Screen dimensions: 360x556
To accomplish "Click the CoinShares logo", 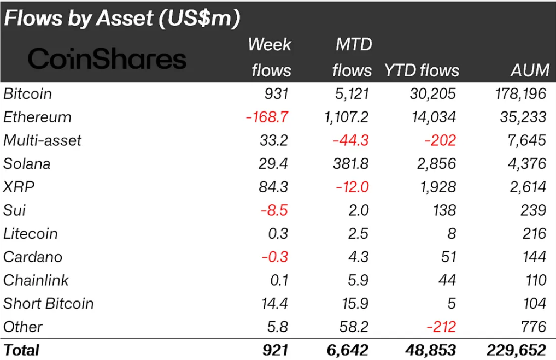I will [107, 59].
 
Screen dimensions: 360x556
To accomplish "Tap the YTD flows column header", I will [422, 70].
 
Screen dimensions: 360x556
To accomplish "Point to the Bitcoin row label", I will [28, 94].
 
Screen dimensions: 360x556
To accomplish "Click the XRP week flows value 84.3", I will [276, 187].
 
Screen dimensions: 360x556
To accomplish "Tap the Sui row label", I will [15, 210].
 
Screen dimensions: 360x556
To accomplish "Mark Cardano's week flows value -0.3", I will [276, 257].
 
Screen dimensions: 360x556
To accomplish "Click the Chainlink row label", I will [36, 280].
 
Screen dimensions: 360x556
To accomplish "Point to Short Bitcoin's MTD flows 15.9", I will [354, 304].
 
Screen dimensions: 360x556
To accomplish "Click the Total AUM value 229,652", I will [516, 350].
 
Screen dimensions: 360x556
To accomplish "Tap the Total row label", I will [21, 350].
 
